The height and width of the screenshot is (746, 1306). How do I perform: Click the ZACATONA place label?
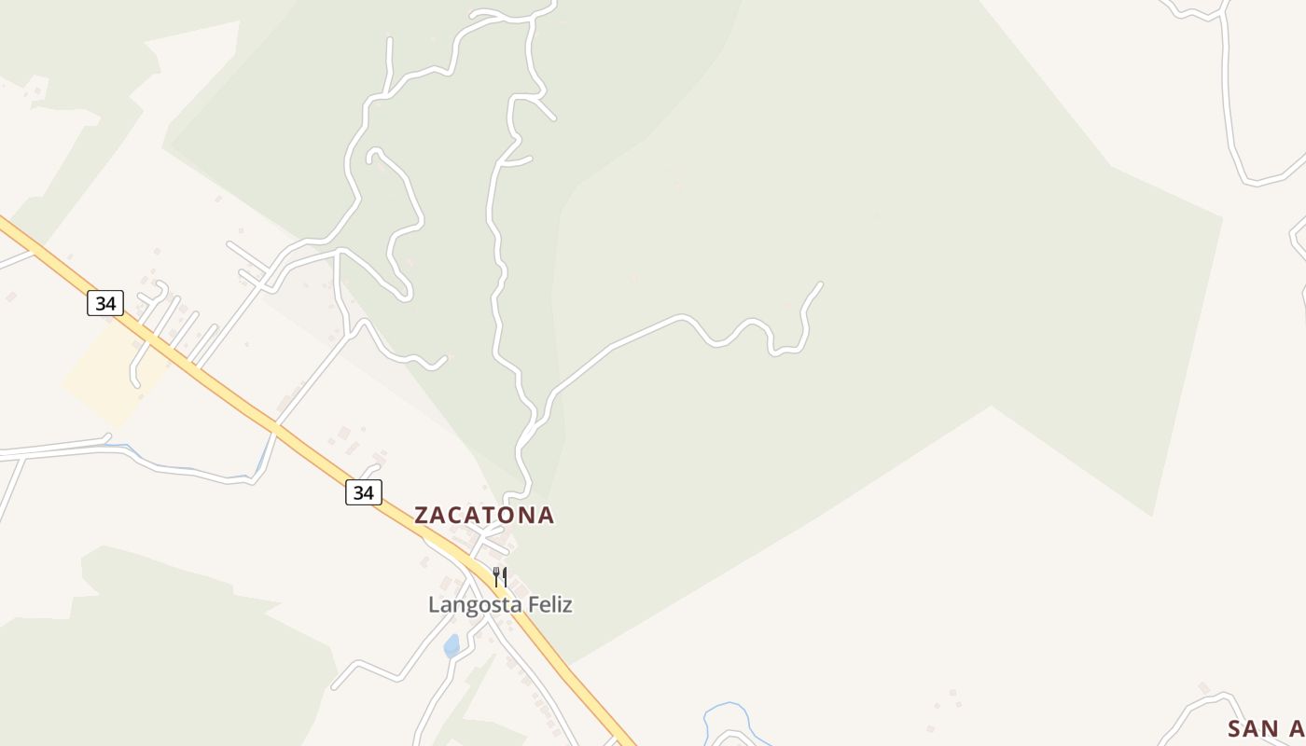[x=483, y=515]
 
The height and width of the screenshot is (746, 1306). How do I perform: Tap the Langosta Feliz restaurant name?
[x=500, y=605]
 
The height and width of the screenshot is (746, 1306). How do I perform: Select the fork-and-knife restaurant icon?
[x=500, y=577]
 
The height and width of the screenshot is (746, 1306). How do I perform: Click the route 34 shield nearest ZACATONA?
[x=363, y=492]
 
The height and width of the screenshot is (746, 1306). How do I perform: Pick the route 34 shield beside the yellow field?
[x=105, y=303]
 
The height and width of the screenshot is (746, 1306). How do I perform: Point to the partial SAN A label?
[x=1265, y=728]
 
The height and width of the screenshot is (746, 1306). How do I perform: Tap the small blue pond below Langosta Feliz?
[x=452, y=645]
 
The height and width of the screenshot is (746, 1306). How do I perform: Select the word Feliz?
[x=550, y=605]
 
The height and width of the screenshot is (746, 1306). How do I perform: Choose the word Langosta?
[x=475, y=605]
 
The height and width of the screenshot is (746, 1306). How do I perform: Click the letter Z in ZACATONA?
[x=422, y=515]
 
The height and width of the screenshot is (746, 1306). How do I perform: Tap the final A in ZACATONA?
[x=546, y=515]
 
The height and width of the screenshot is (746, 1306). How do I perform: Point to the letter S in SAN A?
[x=1236, y=728]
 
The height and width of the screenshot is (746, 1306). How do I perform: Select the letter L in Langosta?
[x=434, y=605]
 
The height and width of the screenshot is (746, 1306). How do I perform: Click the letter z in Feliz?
[x=567, y=605]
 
